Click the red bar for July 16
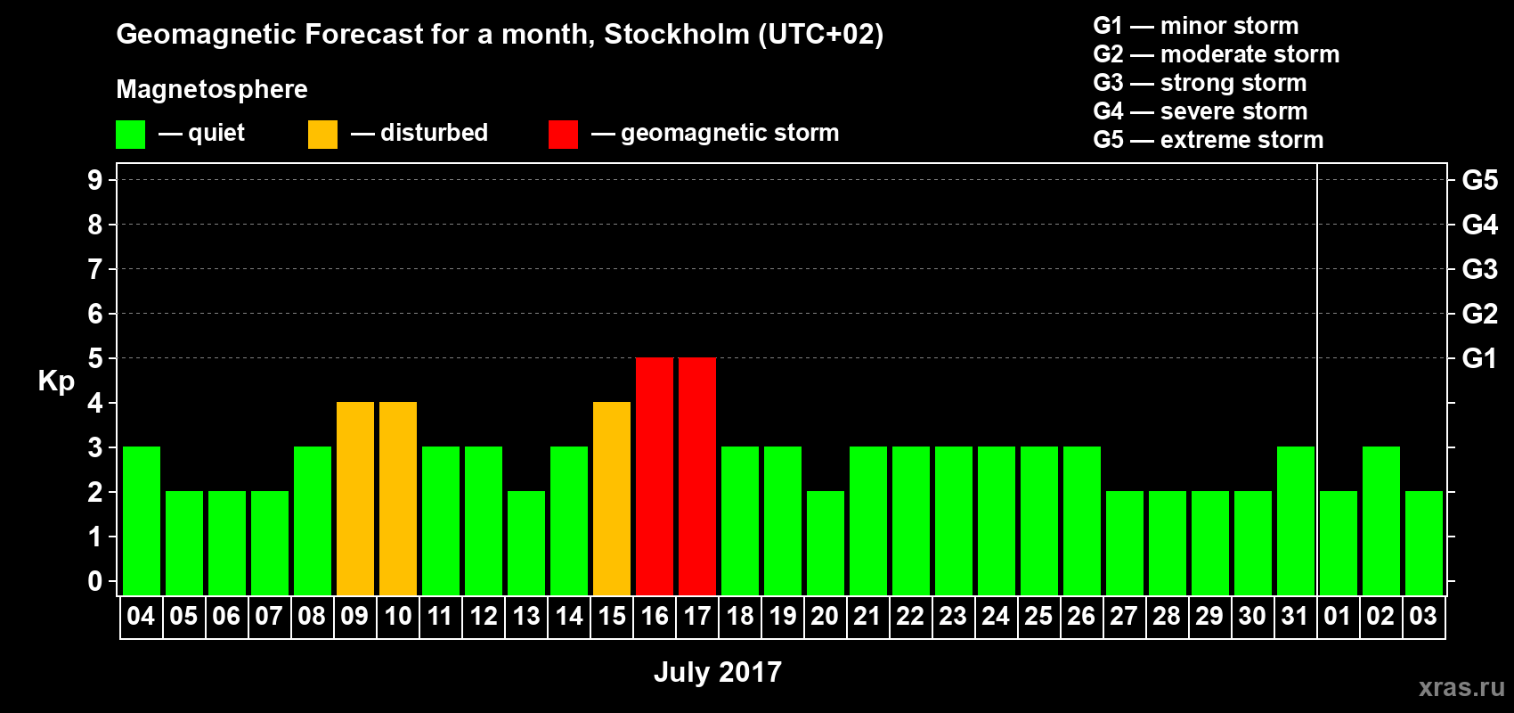click(655, 476)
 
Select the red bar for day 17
click(697, 476)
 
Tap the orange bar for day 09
click(355, 498)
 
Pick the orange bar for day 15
click(612, 498)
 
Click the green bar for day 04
click(142, 520)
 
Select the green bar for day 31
click(1296, 520)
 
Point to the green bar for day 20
click(826, 543)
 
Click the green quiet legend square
click(130, 135)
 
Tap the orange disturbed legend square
click(322, 135)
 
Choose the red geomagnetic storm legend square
click(563, 135)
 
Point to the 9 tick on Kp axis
click(95, 180)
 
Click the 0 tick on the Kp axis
click(95, 581)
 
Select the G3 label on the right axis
click(1479, 269)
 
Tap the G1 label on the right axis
click(1479, 358)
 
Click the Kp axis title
click(56, 381)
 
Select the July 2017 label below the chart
click(718, 671)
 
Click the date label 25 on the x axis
click(1038, 616)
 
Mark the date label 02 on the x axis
click(1380, 616)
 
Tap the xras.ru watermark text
click(1461, 686)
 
